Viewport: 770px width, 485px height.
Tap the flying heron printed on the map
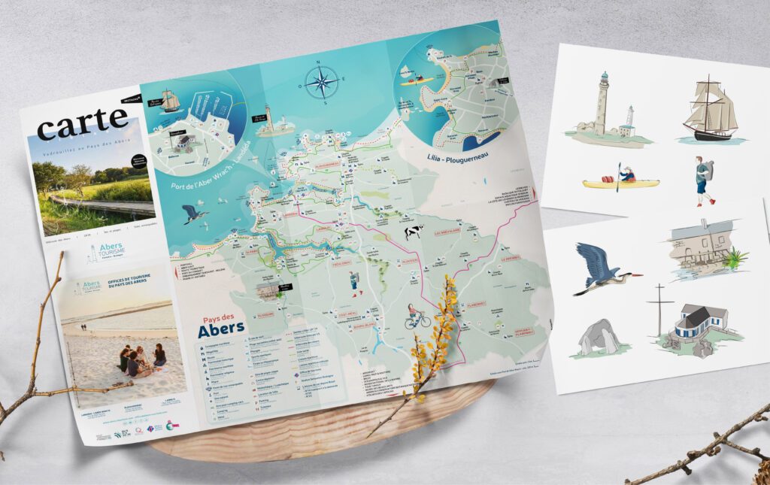(195, 214)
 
